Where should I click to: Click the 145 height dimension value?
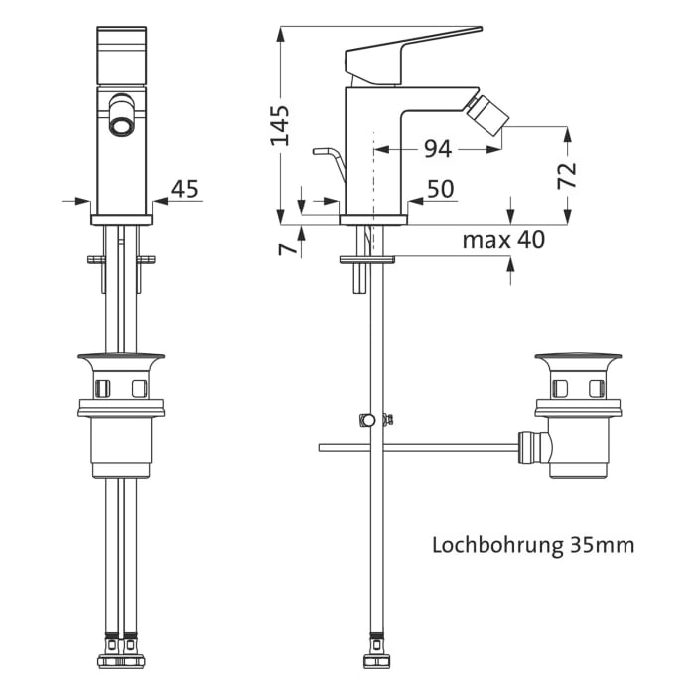pos(282,124)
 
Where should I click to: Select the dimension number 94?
pos(437,149)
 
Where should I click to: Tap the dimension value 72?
pos(566,175)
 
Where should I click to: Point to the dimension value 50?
pos(440,189)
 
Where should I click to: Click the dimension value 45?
pos(185,189)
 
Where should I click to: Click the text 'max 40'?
pos(503,240)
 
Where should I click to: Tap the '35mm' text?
pos(603,545)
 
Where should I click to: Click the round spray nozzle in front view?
pos(122,125)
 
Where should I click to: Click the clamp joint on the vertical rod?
pos(371,419)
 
